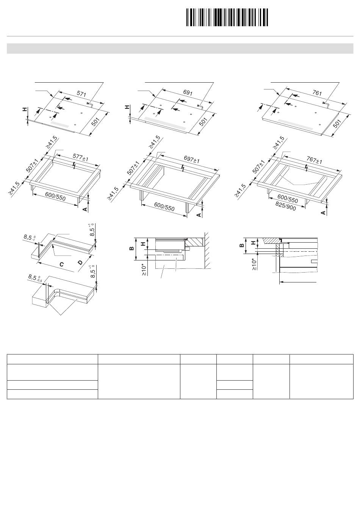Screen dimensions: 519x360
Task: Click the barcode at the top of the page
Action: (227, 17)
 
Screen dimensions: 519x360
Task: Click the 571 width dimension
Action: (81, 94)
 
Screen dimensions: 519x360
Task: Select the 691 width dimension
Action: (188, 93)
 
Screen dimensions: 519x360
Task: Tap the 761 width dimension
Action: (318, 93)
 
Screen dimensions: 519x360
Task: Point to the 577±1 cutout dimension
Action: (80, 157)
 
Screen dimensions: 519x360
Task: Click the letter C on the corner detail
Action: (61, 264)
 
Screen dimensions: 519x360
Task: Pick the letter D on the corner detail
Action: (80, 262)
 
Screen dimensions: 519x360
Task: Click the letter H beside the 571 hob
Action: (25, 110)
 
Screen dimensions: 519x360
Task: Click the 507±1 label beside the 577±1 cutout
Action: (32, 166)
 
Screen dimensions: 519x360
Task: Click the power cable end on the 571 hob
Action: (89, 103)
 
